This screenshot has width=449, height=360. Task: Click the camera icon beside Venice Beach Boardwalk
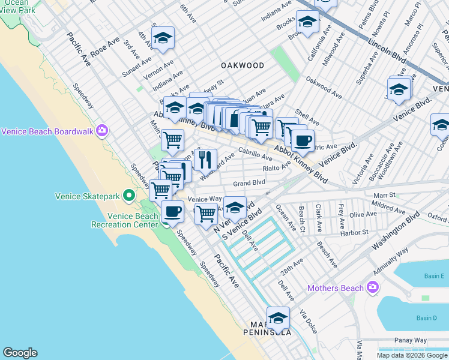click(102, 131)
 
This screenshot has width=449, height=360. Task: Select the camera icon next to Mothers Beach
click(373, 288)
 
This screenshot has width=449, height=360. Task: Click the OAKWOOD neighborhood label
click(243, 65)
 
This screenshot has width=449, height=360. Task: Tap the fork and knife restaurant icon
click(205, 160)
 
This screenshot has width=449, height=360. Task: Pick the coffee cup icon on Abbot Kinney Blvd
click(303, 141)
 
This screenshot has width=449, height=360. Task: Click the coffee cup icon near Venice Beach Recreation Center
click(172, 212)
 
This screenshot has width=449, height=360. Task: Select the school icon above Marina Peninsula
click(278, 318)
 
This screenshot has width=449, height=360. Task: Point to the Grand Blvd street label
click(249, 182)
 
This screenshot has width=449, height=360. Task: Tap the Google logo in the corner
click(20, 353)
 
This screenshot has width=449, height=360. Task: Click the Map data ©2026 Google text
click(411, 355)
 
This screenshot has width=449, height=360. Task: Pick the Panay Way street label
click(411, 340)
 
